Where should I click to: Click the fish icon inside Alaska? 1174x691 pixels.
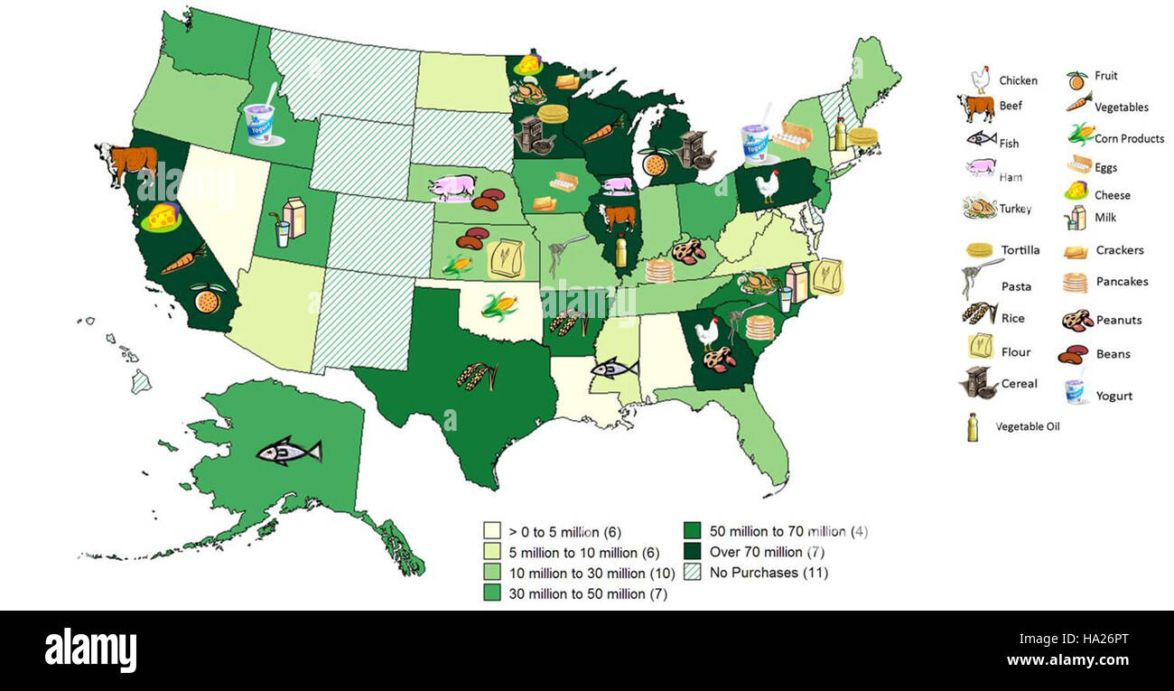[x=288, y=450]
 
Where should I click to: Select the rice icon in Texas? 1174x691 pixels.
[x=477, y=375]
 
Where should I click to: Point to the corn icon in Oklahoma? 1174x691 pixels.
[x=498, y=306]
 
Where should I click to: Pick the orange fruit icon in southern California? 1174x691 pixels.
[x=207, y=298]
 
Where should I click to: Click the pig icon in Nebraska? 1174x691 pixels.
[x=452, y=187]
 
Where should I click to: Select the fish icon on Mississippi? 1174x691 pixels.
[x=614, y=368]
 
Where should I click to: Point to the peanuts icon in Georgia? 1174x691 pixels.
[x=720, y=360]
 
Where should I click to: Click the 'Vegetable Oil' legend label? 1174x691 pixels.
[x=1028, y=426]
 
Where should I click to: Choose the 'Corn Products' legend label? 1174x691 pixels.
[x=1129, y=139]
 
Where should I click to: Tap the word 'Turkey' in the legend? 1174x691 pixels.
[x=1015, y=209]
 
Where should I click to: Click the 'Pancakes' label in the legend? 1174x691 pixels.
[x=1122, y=282]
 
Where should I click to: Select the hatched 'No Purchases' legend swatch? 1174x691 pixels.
[x=694, y=573]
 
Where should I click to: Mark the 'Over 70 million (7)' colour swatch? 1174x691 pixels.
[x=694, y=552]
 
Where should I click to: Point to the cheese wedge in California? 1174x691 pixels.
[x=163, y=217]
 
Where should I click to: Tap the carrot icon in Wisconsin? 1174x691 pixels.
[x=602, y=131]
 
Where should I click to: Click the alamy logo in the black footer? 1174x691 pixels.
[x=90, y=649]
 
